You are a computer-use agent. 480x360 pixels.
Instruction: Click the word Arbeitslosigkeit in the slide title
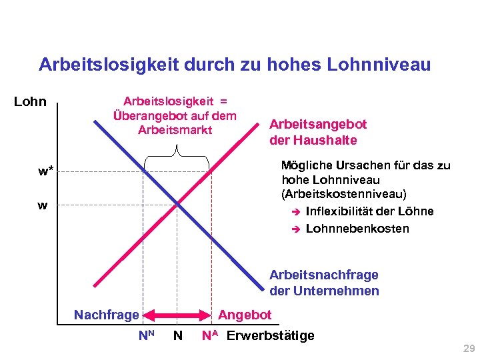click(x=107, y=65)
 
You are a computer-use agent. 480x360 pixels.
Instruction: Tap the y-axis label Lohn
click(x=31, y=102)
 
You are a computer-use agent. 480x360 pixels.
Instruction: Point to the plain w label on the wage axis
click(x=43, y=206)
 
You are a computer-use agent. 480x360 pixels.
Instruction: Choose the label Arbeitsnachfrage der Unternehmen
click(x=324, y=283)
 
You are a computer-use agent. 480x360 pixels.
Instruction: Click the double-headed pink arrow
click(x=179, y=315)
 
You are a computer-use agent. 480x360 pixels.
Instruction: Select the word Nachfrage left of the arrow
click(x=107, y=315)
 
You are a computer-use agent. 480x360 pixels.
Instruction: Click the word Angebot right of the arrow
click(x=245, y=315)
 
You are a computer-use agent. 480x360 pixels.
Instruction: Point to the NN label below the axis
click(x=146, y=335)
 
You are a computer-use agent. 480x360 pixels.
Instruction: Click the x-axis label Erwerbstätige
click(x=270, y=335)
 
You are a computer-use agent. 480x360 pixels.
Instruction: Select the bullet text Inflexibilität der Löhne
click(x=369, y=211)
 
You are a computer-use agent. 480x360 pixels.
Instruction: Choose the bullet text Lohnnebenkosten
click(x=357, y=229)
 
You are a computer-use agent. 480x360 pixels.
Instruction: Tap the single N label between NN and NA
click(x=177, y=335)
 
